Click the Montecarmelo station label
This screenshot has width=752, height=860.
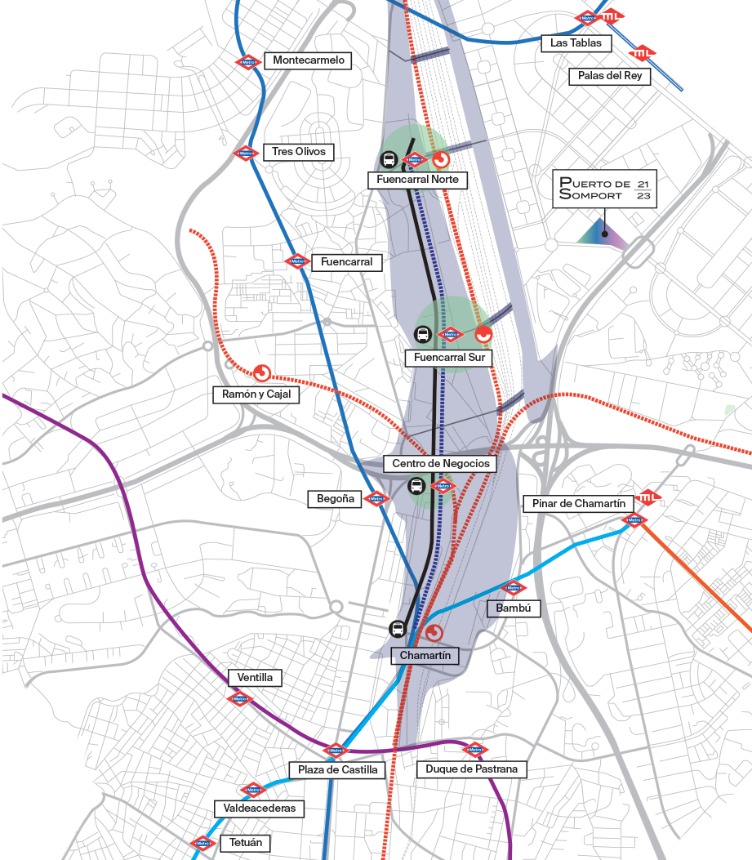309,60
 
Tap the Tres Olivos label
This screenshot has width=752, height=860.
299,152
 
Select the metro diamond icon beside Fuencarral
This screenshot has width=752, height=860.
296,262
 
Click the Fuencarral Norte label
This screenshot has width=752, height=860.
418,180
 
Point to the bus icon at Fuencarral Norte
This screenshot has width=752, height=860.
389,160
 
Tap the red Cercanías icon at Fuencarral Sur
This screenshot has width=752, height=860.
483,333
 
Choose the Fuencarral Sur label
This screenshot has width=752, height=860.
449,358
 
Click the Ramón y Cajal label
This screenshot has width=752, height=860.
256,394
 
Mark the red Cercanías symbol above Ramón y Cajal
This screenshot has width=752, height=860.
262,373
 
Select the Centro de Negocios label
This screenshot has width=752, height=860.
440,463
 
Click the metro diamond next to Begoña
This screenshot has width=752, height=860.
376,499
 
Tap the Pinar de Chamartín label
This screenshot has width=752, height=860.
579,503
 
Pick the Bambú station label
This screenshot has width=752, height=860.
514,608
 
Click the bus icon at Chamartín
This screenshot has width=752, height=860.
398,629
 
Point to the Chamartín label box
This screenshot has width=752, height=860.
425,655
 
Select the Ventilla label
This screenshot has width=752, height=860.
255,678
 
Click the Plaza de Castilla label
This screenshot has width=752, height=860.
337,769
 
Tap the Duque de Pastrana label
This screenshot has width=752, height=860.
471,769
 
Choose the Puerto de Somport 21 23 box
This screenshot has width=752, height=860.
605,190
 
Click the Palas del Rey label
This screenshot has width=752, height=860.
609,76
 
